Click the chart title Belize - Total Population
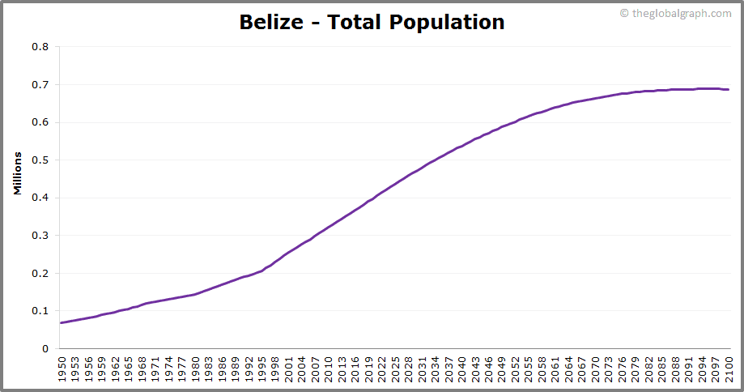[x=372, y=22]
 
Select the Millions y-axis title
[x=17, y=173]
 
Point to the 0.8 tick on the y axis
[x=40, y=47]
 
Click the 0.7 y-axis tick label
[x=40, y=85]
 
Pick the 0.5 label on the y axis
[x=40, y=160]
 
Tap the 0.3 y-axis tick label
[x=40, y=236]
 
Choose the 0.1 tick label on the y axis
[x=40, y=311]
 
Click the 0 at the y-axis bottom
[x=45, y=349]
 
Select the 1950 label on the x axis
[x=61, y=368]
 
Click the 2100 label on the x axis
[x=729, y=368]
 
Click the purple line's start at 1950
[x=61, y=323]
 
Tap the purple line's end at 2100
[x=729, y=90]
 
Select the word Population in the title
[x=447, y=22]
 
